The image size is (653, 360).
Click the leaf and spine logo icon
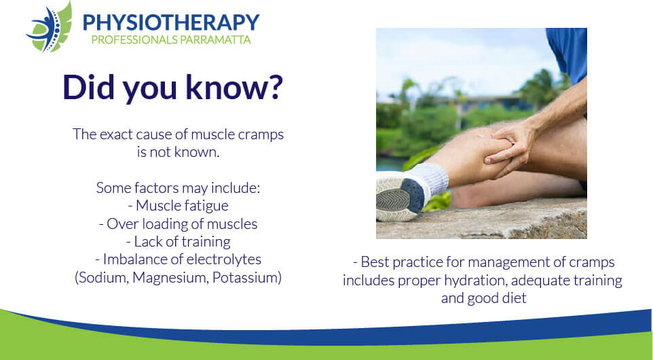point(49,27)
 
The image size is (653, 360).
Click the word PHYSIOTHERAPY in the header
point(171,22)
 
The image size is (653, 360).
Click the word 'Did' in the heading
point(88,87)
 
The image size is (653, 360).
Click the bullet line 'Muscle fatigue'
point(179,205)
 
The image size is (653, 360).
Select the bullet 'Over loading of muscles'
point(179,223)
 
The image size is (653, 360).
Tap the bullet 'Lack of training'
point(179,242)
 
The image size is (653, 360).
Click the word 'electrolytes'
point(223,259)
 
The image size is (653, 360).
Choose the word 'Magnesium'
point(170,278)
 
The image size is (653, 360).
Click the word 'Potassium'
point(245,278)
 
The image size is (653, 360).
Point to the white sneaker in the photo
point(401,196)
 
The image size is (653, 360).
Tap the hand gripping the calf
point(508,148)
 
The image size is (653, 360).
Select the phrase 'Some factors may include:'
point(179,188)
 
